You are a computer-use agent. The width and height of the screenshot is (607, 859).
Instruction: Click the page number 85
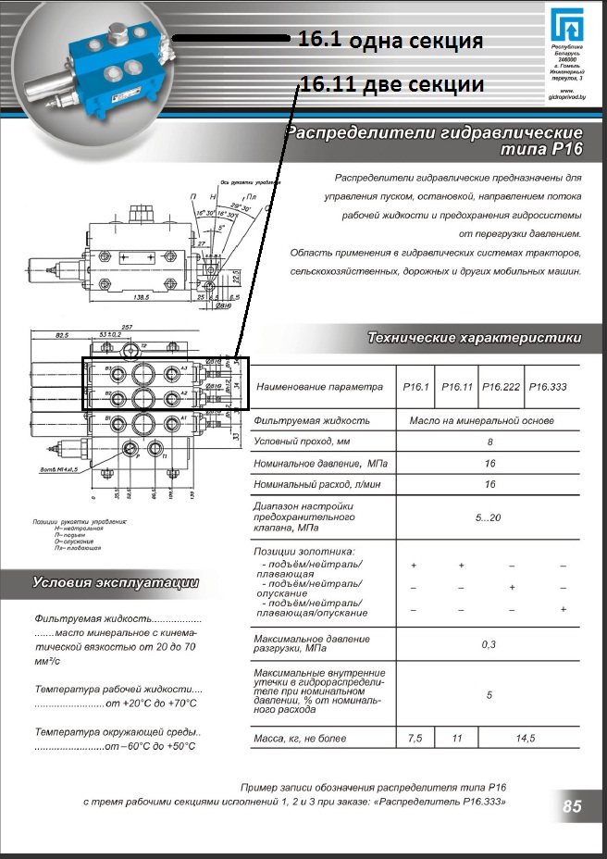click(572, 807)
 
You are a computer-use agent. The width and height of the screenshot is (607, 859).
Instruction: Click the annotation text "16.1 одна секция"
click(390, 41)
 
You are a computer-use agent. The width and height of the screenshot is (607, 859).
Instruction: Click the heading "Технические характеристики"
click(474, 338)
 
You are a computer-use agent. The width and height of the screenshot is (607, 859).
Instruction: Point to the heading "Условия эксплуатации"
click(116, 582)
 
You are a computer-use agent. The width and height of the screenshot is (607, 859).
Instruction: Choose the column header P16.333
click(547, 387)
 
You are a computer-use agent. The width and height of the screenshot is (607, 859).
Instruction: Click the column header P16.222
click(502, 387)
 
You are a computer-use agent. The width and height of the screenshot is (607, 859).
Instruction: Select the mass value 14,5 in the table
click(525, 739)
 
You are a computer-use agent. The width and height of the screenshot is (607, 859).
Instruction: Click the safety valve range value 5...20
click(489, 517)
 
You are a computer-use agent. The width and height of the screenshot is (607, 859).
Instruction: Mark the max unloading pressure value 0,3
click(489, 643)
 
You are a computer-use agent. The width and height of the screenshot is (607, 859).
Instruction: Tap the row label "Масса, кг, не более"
click(300, 739)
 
